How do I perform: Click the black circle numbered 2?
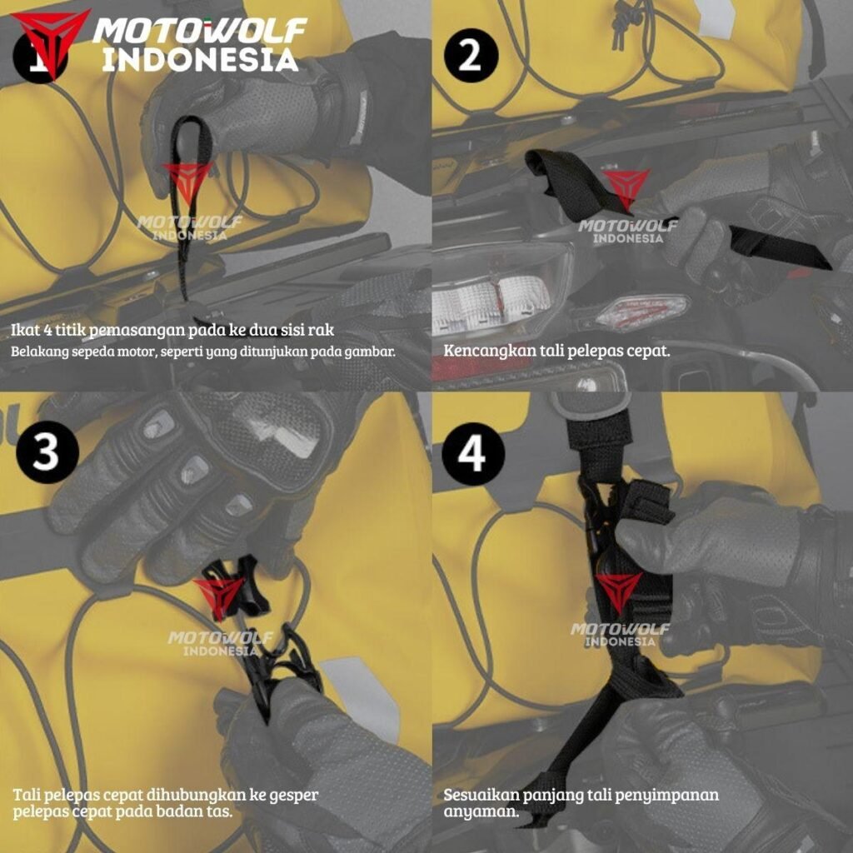[471, 56]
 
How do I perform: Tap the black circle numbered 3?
[47, 452]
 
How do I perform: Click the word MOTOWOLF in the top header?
[200, 30]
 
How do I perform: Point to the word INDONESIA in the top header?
[200, 60]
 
